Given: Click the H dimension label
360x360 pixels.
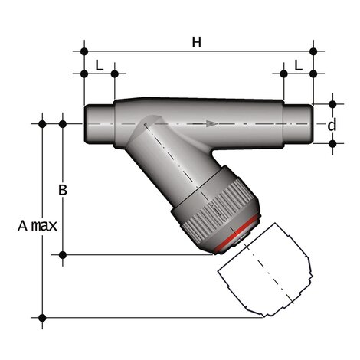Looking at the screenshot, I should click(x=196, y=43).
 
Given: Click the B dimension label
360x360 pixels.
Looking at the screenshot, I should click(x=64, y=190).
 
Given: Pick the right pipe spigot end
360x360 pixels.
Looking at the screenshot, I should click(x=299, y=123).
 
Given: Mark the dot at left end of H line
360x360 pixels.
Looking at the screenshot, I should click(x=83, y=51).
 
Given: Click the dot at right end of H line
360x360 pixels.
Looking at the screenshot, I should click(x=313, y=51).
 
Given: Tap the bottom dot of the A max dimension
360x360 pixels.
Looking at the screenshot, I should click(x=42, y=317).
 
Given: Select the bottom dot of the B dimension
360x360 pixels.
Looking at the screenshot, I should click(x=63, y=254).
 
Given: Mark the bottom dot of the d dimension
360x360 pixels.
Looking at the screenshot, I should click(x=333, y=143).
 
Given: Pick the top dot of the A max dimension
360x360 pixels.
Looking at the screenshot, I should click(x=42, y=123).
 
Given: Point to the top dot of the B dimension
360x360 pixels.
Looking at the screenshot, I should click(x=63, y=123).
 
